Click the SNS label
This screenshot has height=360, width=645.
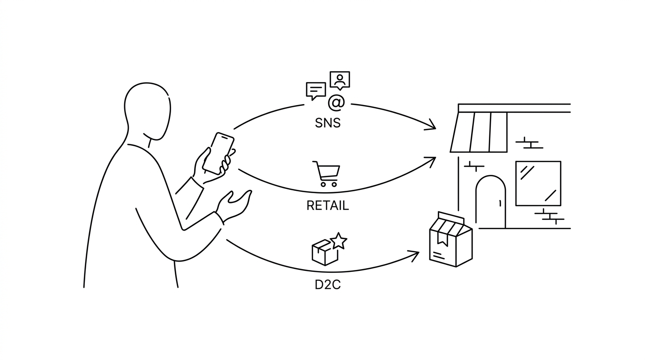point(328,123)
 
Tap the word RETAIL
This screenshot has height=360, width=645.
point(328,206)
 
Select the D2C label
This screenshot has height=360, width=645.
point(328,285)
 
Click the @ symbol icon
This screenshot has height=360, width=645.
point(336,103)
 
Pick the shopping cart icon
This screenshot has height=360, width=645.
point(327,173)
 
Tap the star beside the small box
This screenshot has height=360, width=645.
point(338,241)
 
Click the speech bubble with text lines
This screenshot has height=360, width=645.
point(315,91)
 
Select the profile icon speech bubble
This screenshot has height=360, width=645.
point(340,80)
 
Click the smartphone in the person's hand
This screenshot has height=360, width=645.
point(218,153)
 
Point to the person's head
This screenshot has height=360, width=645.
point(148,111)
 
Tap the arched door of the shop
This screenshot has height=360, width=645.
point(491,202)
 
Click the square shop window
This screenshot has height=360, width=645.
point(538,183)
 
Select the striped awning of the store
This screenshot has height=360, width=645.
point(479,132)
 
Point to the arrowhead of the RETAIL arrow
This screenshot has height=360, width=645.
point(431,162)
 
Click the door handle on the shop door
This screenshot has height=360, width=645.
point(500,203)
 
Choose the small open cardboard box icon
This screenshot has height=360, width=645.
point(325,252)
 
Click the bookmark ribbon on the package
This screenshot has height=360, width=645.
point(442,239)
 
